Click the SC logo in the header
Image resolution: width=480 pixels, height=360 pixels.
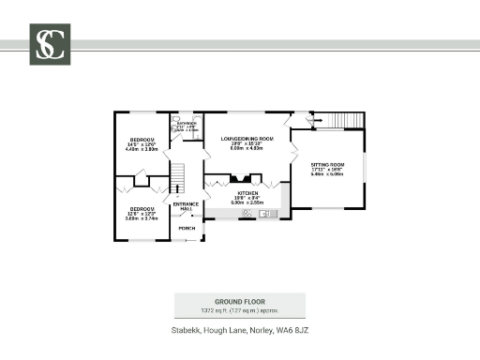(x=49, y=44)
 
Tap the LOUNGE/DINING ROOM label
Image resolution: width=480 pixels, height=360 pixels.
(x=247, y=139)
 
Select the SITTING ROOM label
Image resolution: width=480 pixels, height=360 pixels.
(x=328, y=164)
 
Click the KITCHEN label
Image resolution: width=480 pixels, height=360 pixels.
(x=247, y=191)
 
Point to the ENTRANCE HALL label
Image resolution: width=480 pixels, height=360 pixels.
(x=186, y=205)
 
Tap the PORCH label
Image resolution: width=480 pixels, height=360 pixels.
(x=187, y=228)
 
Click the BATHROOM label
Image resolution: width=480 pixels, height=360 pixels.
(x=186, y=123)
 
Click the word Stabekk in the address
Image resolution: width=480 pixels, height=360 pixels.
(x=186, y=330)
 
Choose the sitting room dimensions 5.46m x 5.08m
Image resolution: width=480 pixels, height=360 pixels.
(x=328, y=173)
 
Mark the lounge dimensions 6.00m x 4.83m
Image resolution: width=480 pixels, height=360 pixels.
(x=247, y=149)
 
